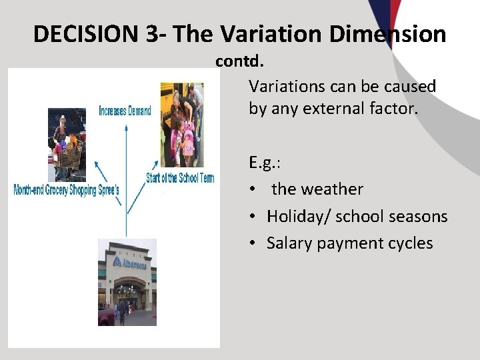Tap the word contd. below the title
(x=239, y=61)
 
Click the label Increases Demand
(x=125, y=111)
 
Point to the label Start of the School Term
(x=180, y=178)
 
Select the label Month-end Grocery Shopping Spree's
(x=67, y=191)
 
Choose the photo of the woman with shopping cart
(x=67, y=144)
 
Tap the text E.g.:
(x=264, y=162)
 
